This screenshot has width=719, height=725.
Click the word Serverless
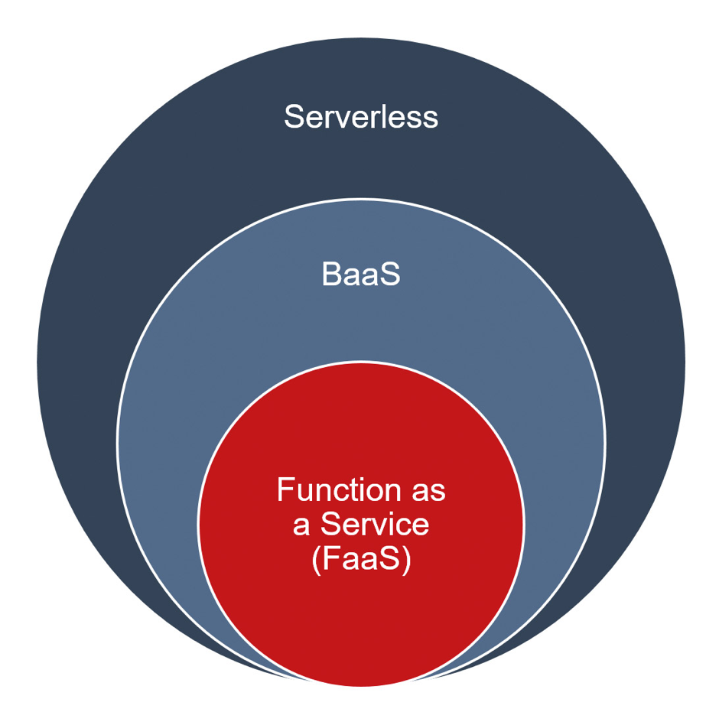point(361,116)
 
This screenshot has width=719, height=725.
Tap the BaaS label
point(361,275)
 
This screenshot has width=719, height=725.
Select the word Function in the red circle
point(338,489)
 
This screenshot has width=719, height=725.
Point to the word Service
point(375,525)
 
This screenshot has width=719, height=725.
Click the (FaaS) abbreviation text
point(361,560)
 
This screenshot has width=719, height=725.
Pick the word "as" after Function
point(428,493)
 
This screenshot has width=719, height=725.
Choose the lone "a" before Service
point(301,528)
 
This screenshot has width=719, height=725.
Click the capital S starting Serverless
point(294,116)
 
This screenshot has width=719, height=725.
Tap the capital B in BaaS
point(331,275)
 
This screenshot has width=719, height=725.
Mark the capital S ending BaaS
point(390,275)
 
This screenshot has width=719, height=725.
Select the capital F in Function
point(285,489)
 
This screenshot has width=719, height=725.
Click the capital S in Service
point(331,525)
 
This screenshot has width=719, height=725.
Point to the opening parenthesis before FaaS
point(316,561)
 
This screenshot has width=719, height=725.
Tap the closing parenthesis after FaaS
point(407,561)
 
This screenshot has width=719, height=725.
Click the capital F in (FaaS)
point(331,559)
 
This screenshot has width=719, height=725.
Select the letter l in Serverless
point(385,116)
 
